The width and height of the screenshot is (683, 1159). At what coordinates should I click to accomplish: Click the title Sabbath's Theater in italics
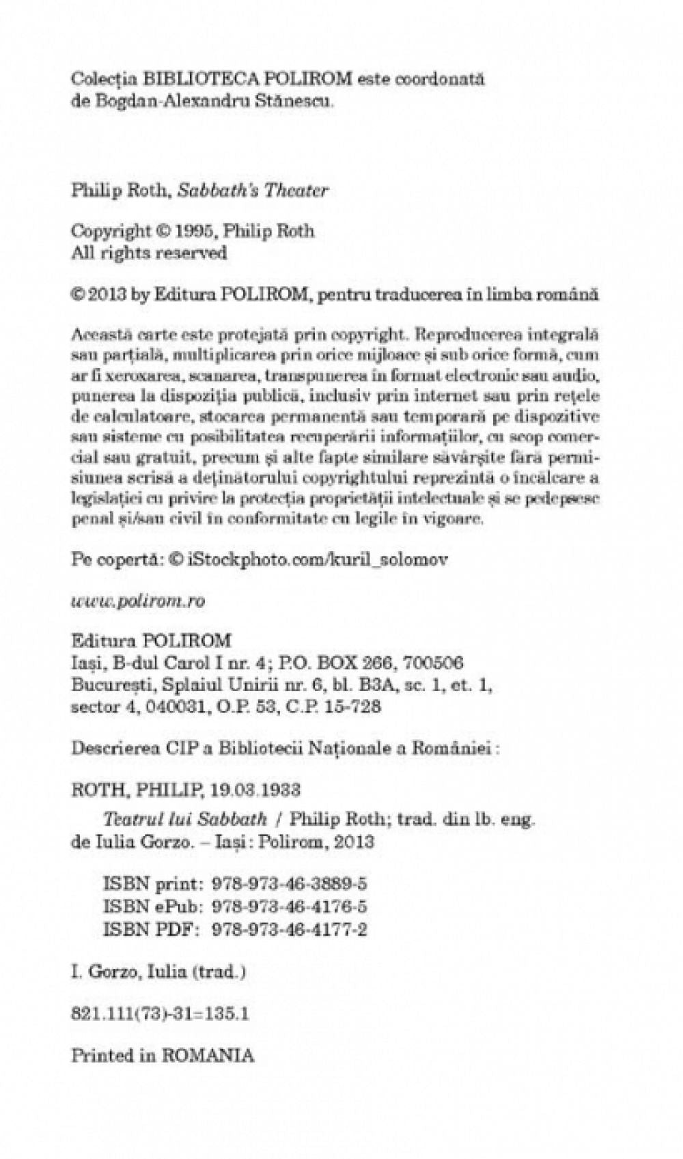253,191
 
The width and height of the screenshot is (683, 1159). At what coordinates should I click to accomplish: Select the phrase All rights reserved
149,253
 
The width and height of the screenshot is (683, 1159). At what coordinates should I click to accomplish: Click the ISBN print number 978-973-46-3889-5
290,883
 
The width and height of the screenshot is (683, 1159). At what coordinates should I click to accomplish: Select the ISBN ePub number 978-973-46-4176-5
290,906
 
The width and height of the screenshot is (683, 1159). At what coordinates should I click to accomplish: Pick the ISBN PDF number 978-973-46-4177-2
290,930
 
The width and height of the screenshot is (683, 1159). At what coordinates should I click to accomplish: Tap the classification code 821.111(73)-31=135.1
160,1014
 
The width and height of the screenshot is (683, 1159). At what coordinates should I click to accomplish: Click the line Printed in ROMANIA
163,1055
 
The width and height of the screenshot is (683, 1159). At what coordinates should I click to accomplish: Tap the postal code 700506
434,662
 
